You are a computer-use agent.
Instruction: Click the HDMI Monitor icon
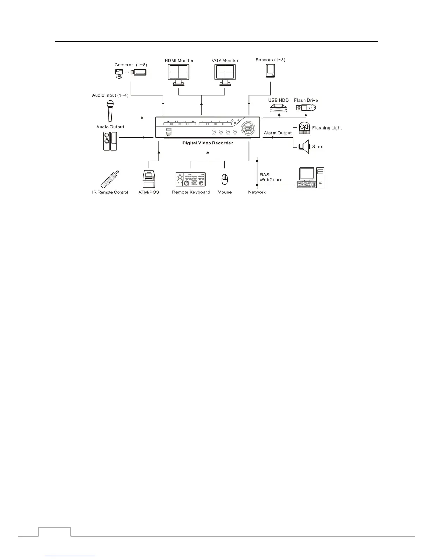point(179,75)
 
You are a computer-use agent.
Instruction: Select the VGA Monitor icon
point(225,75)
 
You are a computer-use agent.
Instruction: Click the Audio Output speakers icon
point(110,142)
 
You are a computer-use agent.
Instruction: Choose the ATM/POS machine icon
point(149,180)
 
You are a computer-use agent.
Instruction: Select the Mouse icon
point(224,180)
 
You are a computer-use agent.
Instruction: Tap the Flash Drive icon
point(306,107)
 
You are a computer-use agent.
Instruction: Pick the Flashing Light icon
point(304,128)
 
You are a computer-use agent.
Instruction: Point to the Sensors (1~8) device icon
point(270,71)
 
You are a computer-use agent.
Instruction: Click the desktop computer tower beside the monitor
point(320,178)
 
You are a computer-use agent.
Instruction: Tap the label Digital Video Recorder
point(208,143)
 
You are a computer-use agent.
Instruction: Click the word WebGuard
point(271,180)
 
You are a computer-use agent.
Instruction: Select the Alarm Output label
point(278,133)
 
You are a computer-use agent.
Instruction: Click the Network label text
point(257,192)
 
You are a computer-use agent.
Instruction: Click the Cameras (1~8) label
point(131,65)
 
